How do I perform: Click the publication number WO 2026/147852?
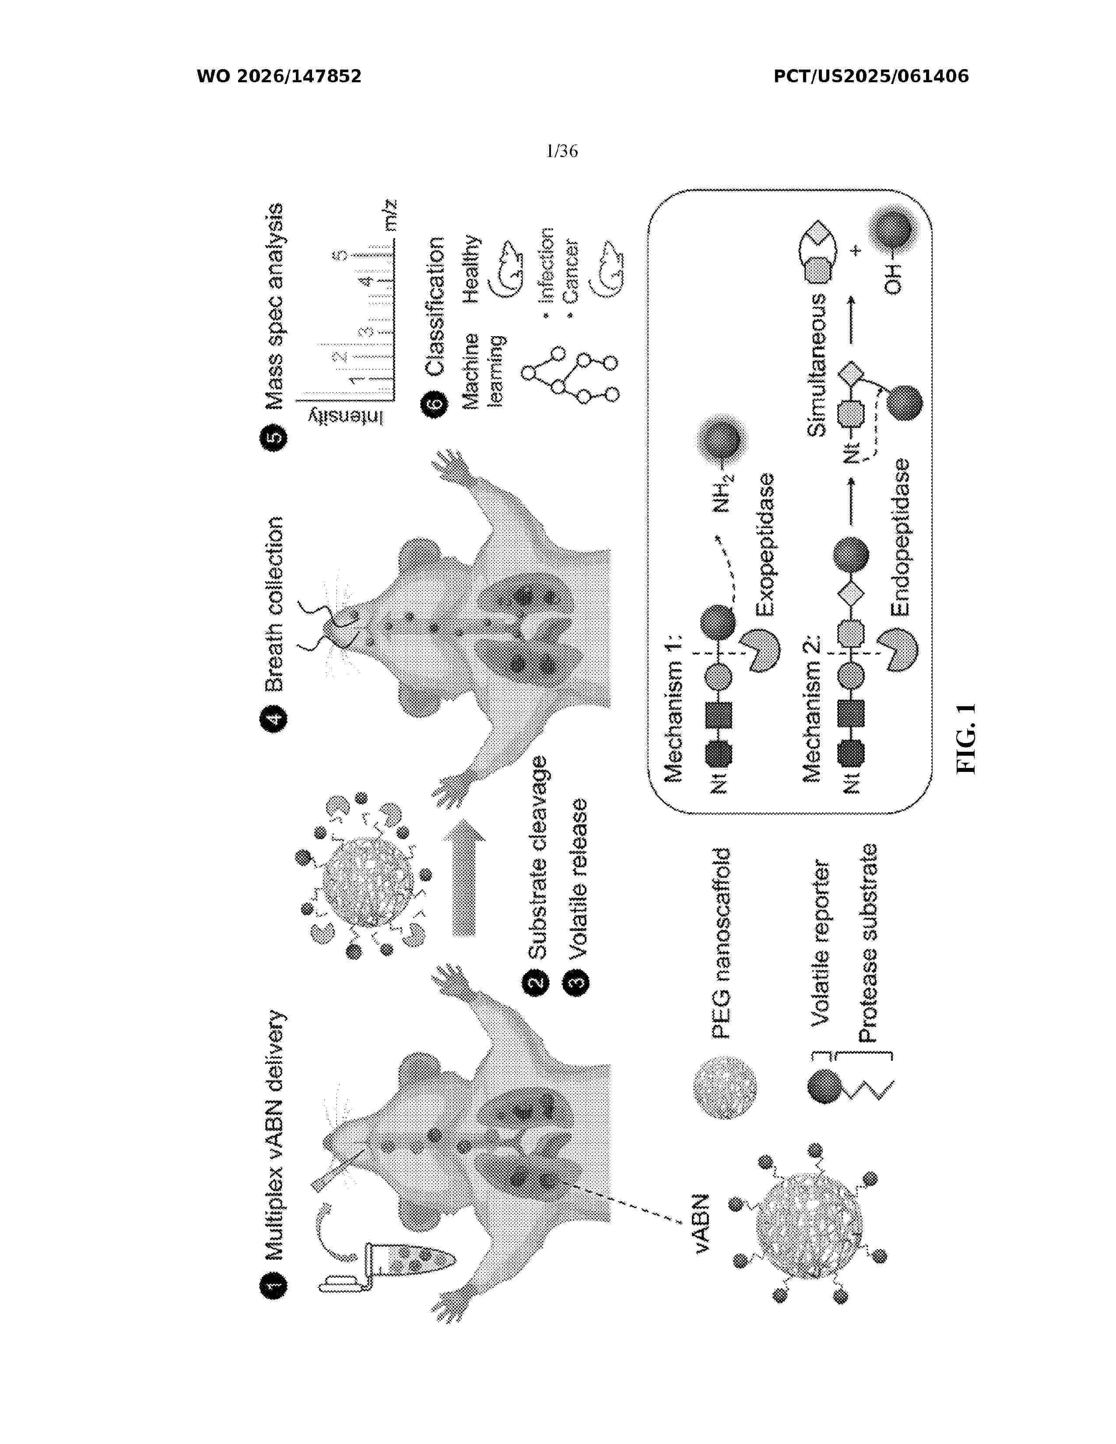(x=279, y=76)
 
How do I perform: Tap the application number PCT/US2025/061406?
(x=871, y=76)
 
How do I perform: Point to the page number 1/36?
(x=562, y=151)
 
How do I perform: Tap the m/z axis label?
(x=390, y=215)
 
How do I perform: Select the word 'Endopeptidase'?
(x=900, y=537)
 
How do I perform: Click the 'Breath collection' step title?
(x=274, y=604)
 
